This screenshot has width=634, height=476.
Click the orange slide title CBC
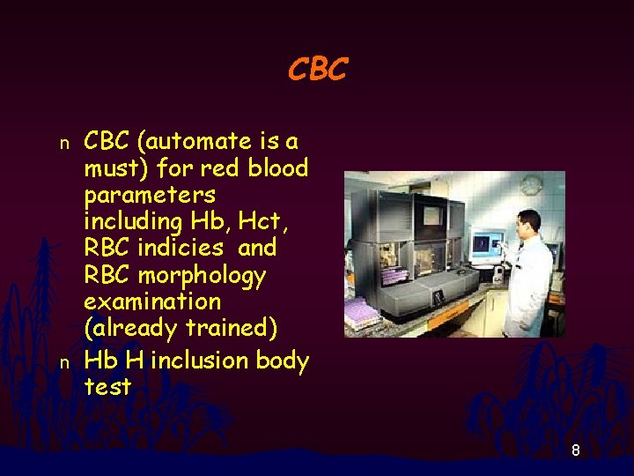[318, 69]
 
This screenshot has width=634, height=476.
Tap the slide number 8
[575, 450]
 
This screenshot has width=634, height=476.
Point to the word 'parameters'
[150, 194]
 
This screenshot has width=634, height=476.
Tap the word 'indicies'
[188, 248]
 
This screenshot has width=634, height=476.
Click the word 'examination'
[152, 301]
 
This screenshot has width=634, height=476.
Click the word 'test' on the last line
[107, 387]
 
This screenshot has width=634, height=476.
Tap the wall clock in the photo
[531, 186]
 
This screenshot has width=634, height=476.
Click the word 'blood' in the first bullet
[277, 167]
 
